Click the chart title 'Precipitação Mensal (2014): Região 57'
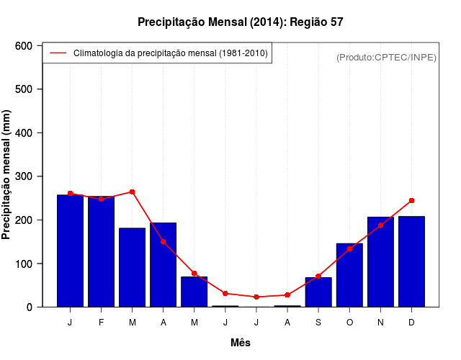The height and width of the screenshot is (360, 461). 241,22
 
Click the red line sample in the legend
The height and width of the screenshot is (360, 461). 58,53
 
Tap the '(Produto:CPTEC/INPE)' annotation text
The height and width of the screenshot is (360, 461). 386,57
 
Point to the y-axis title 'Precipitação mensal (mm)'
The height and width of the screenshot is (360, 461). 7,175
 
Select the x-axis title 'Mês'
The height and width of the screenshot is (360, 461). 241,343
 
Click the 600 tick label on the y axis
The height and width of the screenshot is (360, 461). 23,45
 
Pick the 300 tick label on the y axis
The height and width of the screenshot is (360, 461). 23,176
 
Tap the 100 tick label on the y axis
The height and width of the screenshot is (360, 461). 23,264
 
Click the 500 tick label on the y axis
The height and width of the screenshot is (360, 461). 23,89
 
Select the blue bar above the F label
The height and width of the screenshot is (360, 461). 101,252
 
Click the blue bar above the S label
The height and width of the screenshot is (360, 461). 318,292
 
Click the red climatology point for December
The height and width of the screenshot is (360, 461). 411,200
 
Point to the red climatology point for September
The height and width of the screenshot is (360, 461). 318,276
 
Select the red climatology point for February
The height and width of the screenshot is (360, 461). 101,199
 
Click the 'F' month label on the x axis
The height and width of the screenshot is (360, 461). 101,323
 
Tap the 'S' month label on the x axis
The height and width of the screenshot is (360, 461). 318,323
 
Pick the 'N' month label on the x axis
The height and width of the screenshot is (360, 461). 380,323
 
